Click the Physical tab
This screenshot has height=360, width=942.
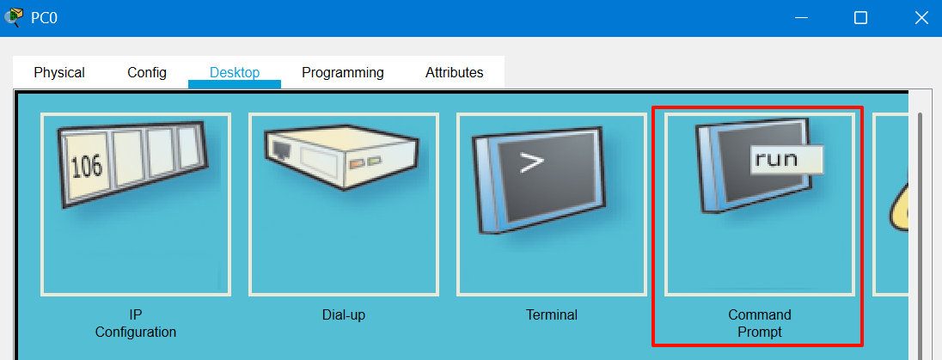[59, 73]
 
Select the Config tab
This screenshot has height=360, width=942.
[147, 73]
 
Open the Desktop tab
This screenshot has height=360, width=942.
[235, 73]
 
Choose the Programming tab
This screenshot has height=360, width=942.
[343, 73]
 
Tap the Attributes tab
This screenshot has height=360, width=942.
[455, 73]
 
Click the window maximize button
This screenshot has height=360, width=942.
[860, 17]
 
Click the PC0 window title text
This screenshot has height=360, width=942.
[45, 17]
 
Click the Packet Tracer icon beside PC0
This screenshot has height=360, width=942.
[14, 17]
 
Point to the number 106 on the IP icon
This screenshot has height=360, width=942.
[86, 166]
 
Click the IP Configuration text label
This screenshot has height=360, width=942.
[136, 323]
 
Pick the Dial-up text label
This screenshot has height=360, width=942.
[342, 315]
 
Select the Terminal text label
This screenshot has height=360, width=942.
[552, 315]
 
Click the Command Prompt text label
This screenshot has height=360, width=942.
[760, 323]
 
